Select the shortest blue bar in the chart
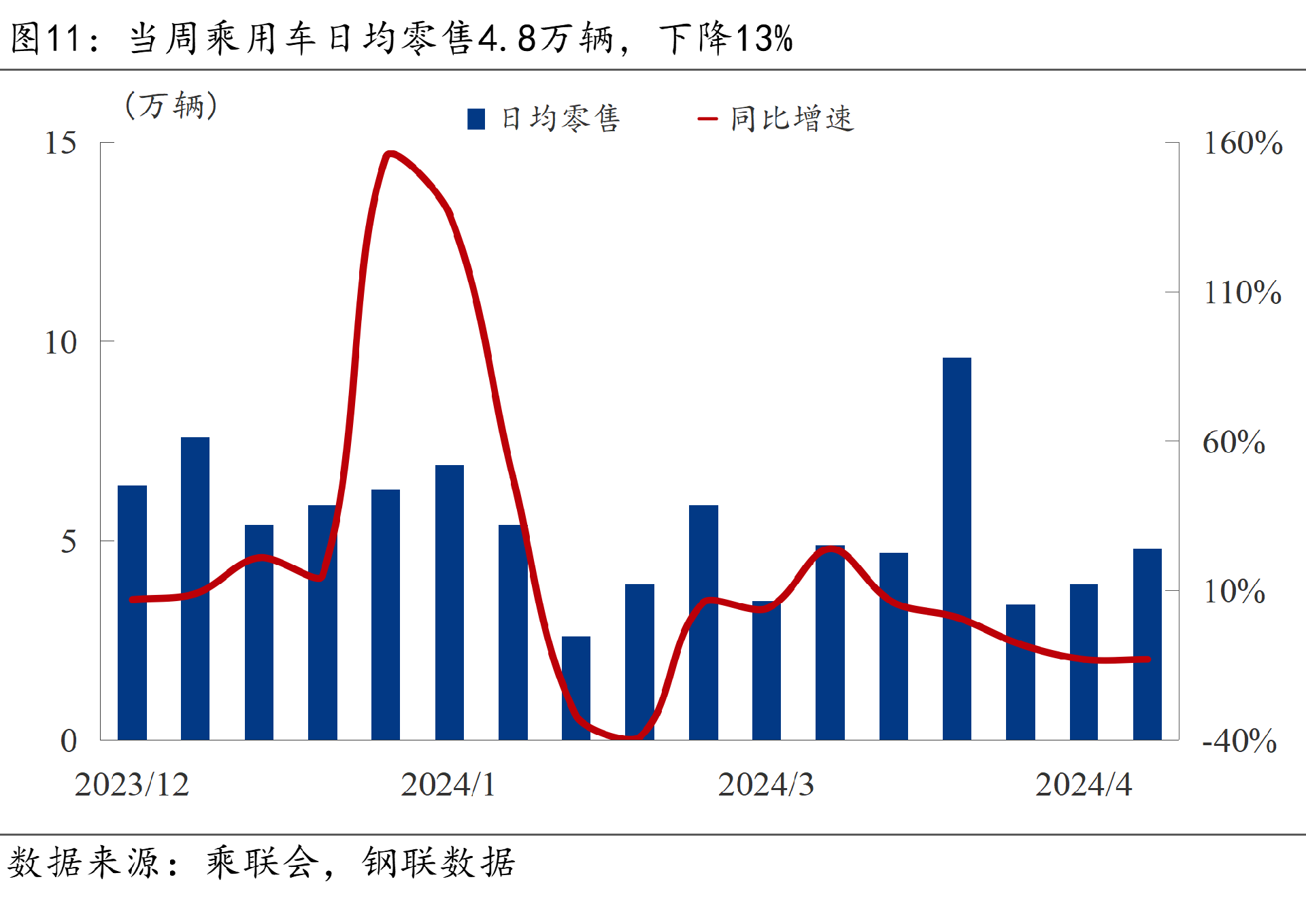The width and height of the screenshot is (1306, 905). pyautogui.click(x=576, y=687)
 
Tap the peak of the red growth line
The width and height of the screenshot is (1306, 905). pyautogui.click(x=389, y=154)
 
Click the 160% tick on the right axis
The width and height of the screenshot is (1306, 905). pyautogui.click(x=1242, y=143)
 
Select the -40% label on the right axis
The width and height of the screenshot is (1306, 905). pyautogui.click(x=1239, y=740)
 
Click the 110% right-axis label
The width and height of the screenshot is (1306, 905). pyautogui.click(x=1242, y=292)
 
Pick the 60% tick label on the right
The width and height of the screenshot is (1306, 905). pyautogui.click(x=1233, y=442)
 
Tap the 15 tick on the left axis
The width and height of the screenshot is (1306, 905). pyautogui.click(x=61, y=143)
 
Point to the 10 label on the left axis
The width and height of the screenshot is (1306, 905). pyautogui.click(x=61, y=343)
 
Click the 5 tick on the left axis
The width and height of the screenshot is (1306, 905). pyautogui.click(x=68, y=542)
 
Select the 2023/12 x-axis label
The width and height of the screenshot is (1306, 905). pyautogui.click(x=131, y=785)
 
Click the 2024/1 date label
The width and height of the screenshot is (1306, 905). pyautogui.click(x=448, y=785)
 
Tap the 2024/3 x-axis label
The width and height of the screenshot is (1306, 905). pyautogui.click(x=765, y=785)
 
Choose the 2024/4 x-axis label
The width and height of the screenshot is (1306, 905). pyautogui.click(x=1083, y=785)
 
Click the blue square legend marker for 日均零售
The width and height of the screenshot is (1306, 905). pyautogui.click(x=476, y=119)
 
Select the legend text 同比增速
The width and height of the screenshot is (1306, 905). pyautogui.click(x=792, y=119)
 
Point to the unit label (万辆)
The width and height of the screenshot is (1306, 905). pyautogui.click(x=171, y=105)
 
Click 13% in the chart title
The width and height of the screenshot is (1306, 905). pyautogui.click(x=765, y=38)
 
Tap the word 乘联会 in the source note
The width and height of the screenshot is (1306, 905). pyautogui.click(x=263, y=863)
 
